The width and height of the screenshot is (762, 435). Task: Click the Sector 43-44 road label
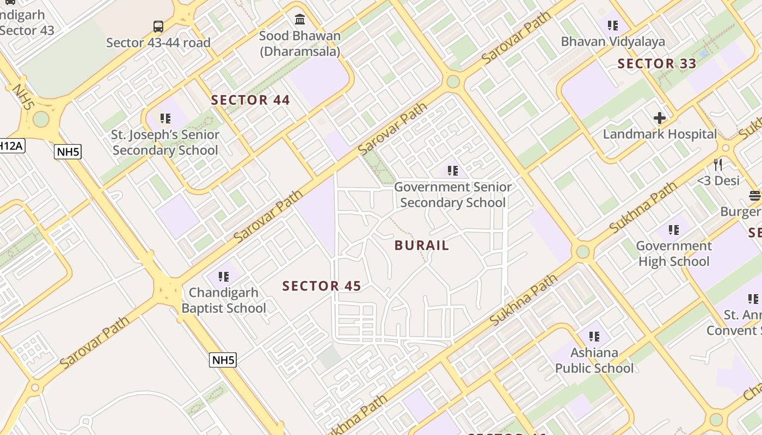158,42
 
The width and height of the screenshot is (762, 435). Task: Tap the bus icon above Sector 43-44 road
158,26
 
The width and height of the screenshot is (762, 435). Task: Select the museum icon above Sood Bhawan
300,20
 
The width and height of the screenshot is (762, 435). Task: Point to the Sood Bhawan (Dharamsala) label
300,43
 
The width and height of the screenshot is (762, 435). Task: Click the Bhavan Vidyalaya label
613,41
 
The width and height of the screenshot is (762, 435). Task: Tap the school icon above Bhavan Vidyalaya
613,25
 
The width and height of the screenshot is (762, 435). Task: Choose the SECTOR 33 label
657,64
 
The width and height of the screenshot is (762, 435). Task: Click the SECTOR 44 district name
250,100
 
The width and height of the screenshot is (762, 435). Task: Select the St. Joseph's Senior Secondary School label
166,142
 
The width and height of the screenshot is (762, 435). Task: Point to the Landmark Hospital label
660,134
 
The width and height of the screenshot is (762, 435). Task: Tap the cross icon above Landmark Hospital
660,117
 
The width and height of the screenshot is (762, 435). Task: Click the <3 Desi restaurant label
718,180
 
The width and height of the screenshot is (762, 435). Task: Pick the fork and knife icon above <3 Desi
718,164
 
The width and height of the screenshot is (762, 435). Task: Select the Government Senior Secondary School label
453,195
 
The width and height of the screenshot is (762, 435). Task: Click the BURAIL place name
422,245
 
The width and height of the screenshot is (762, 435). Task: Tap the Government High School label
674,253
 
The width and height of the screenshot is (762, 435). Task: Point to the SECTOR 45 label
322,286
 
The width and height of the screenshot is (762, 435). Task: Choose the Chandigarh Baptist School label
224,300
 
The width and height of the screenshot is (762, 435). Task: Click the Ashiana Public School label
594,360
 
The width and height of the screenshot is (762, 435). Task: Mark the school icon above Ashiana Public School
594,337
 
